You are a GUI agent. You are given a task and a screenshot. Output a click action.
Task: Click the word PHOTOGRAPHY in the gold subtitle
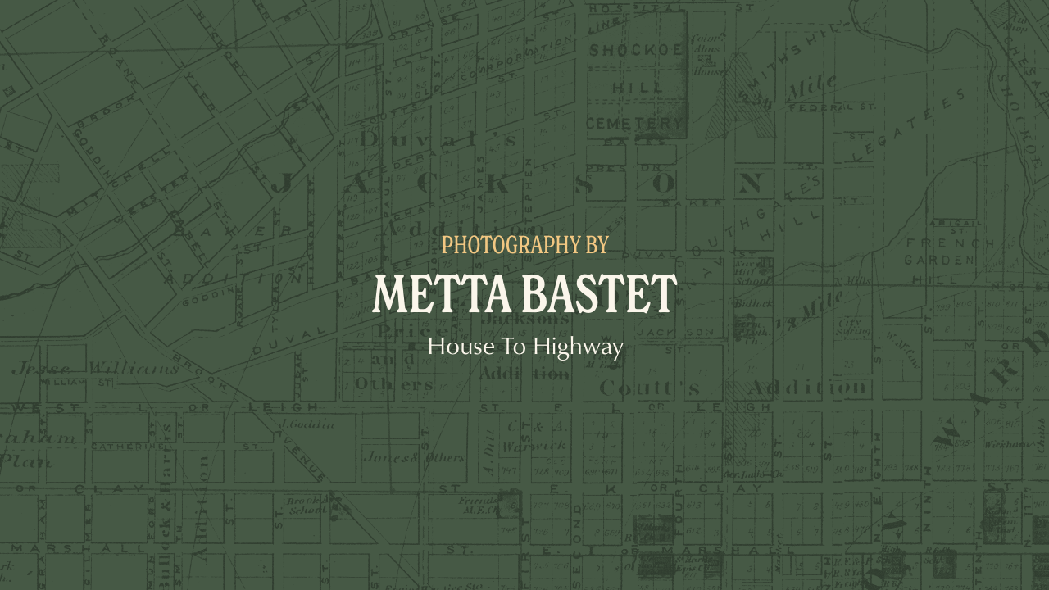tap(500, 244)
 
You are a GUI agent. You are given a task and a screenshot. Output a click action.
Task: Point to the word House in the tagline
tap(455, 347)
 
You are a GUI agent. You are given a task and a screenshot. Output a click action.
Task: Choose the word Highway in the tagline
tap(579, 347)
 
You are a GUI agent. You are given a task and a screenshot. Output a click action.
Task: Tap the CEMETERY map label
tap(635, 124)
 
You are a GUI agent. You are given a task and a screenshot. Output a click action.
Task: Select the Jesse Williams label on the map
tap(94, 368)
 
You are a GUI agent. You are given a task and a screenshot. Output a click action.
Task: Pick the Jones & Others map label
tap(413, 457)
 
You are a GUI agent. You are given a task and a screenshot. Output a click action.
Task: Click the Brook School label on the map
tap(307, 505)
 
